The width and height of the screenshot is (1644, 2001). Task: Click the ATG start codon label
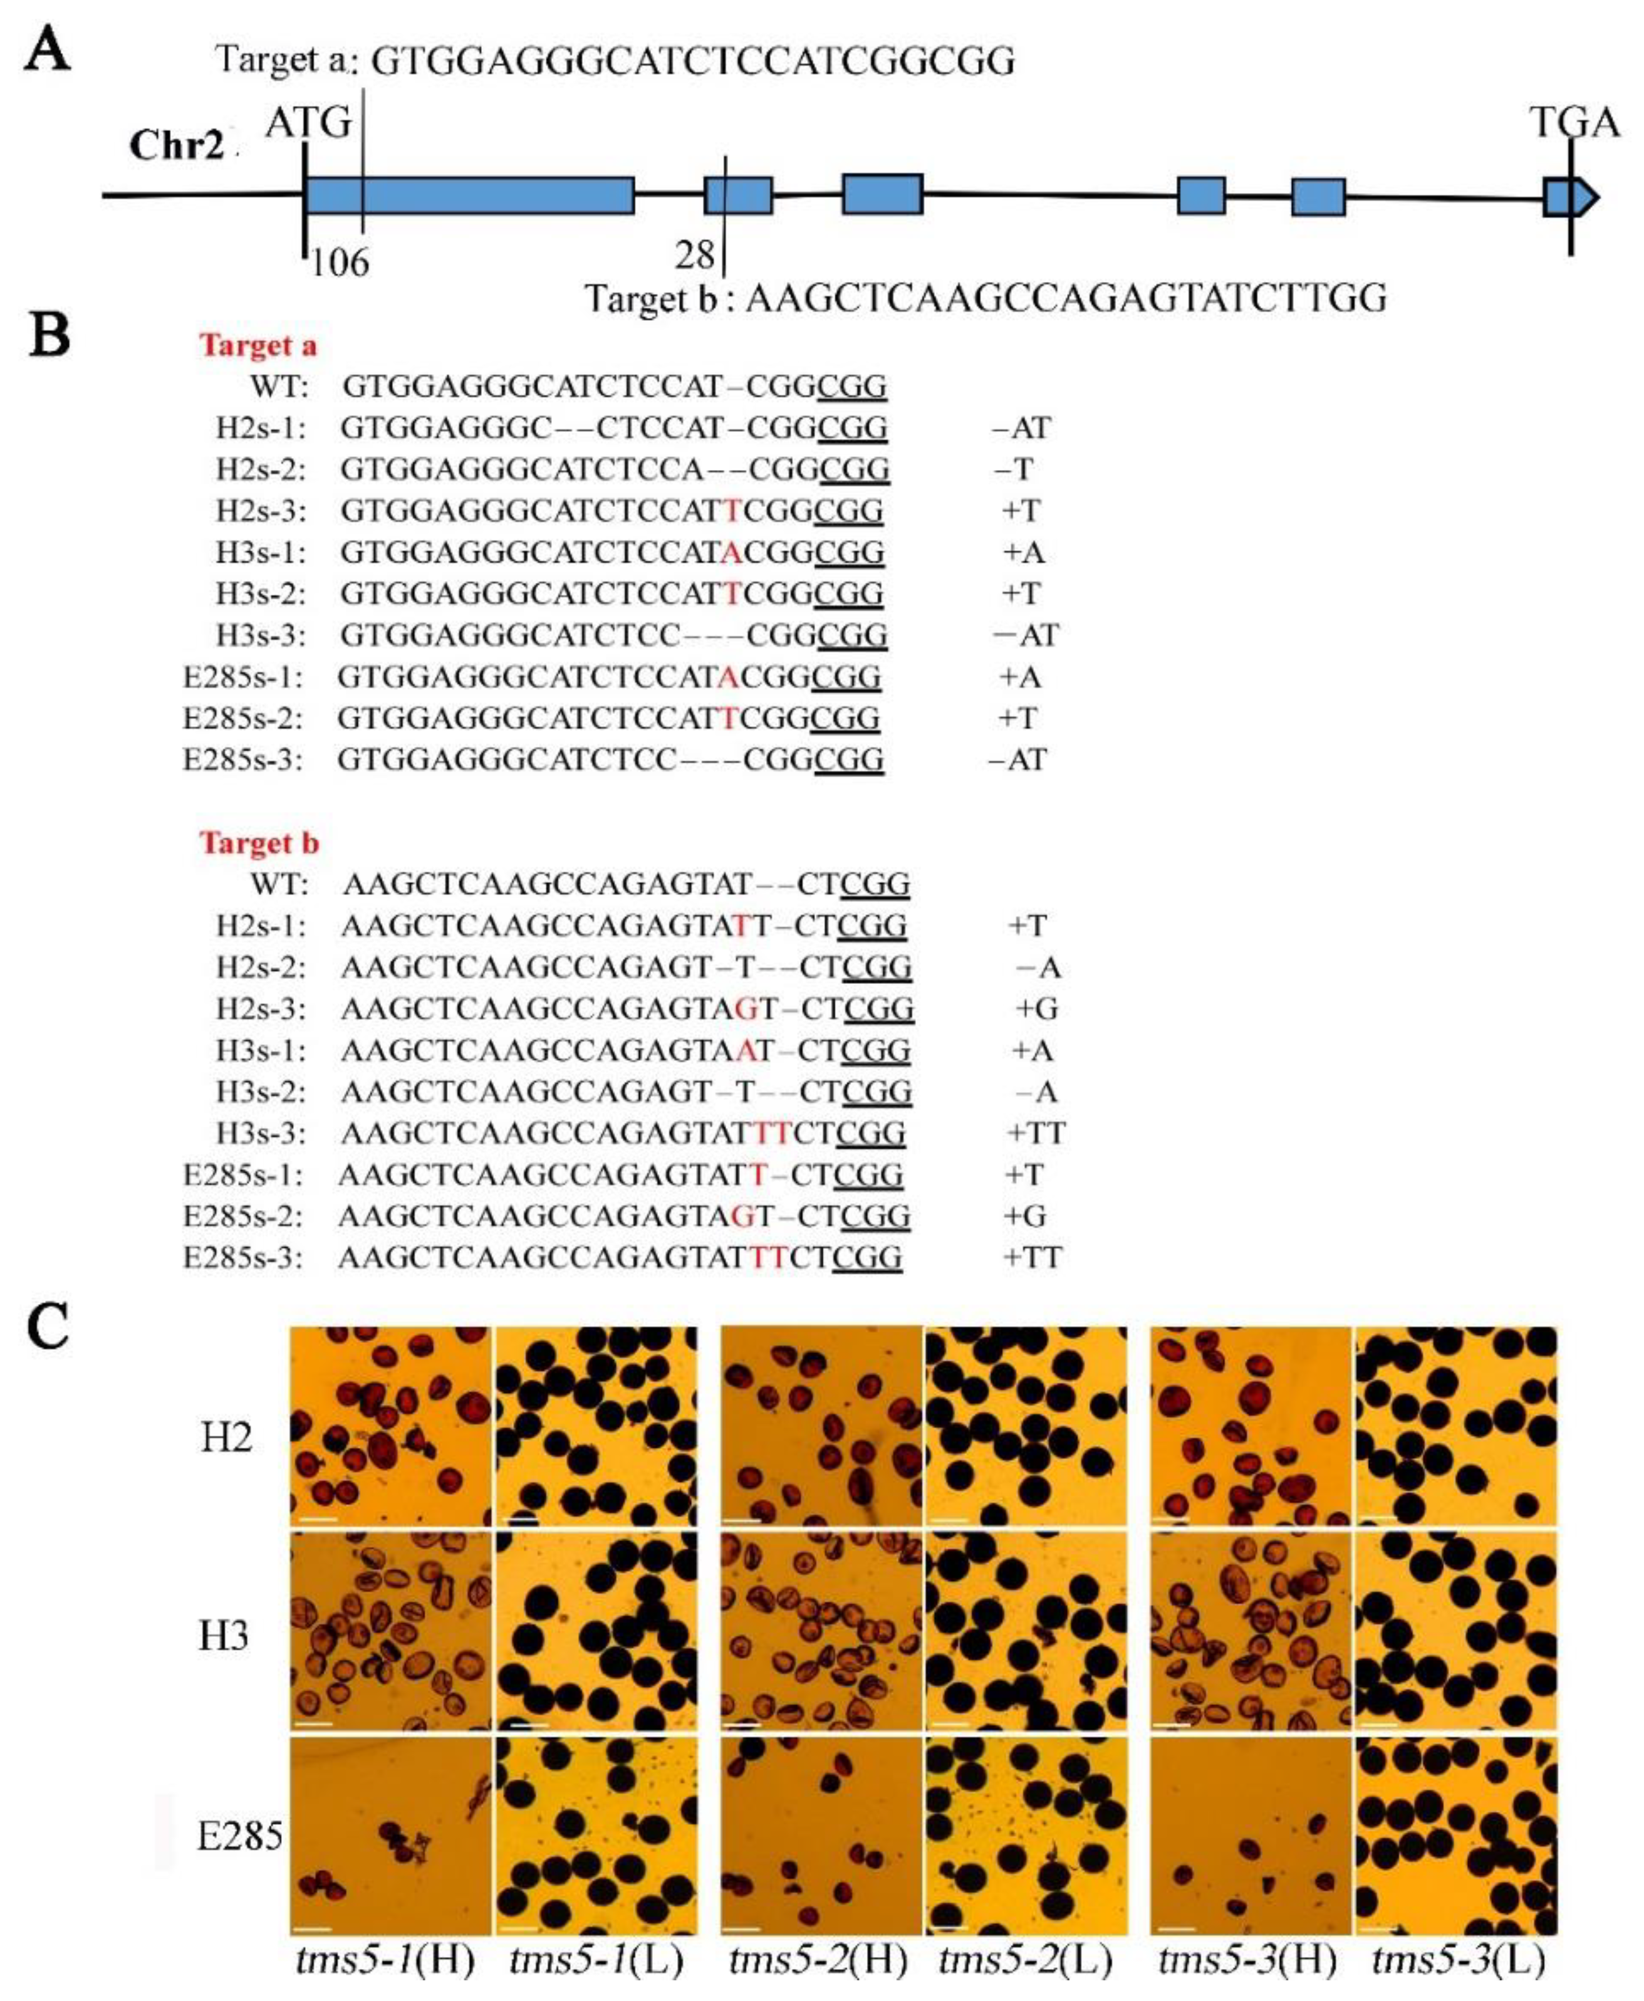click(x=309, y=123)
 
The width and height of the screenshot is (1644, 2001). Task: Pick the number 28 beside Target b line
click(x=695, y=256)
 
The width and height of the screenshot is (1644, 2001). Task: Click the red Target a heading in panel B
click(x=258, y=346)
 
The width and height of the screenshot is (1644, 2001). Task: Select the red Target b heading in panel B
click(x=259, y=843)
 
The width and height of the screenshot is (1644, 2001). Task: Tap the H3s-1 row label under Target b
click(x=261, y=1050)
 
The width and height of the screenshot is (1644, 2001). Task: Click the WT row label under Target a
click(x=279, y=387)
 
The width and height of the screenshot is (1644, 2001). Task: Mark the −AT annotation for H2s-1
click(x=1021, y=428)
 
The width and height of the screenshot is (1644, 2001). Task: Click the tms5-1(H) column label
click(x=385, y=1960)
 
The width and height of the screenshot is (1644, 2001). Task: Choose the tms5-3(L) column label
click(x=1459, y=1960)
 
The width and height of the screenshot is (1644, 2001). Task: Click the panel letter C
click(x=48, y=1329)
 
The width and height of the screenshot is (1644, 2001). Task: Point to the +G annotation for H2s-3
click(x=1036, y=1008)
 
